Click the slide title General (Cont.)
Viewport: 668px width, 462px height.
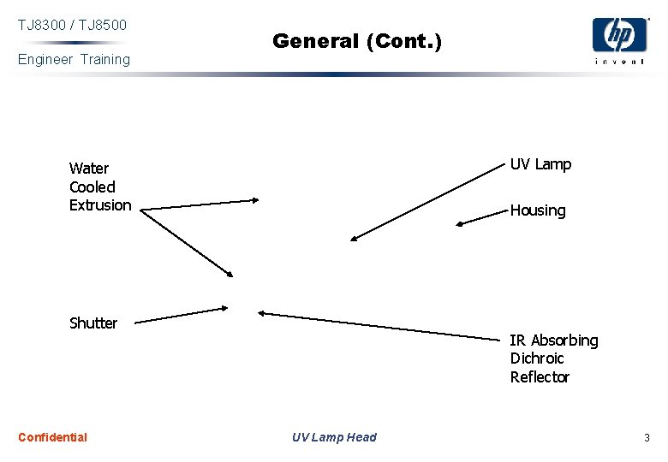[357, 40]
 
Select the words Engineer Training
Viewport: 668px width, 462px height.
[74, 59]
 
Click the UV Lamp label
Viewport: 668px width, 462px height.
[540, 164]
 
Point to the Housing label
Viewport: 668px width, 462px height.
[538, 210]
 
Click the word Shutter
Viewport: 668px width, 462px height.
[93, 323]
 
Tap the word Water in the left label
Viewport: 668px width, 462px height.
[88, 169]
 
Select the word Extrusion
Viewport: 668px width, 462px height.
[100, 205]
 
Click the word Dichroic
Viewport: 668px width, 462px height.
[537, 358]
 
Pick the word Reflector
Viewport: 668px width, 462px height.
[540, 377]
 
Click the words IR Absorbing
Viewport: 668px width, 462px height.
[554, 341]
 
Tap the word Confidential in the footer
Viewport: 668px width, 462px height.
[52, 437]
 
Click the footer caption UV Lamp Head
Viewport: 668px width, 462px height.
[334, 437]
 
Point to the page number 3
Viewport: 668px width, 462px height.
[647, 438]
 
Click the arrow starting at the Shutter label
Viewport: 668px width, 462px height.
[182, 316]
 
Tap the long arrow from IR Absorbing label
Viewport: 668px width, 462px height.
[381, 326]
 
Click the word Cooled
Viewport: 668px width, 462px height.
[92, 187]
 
